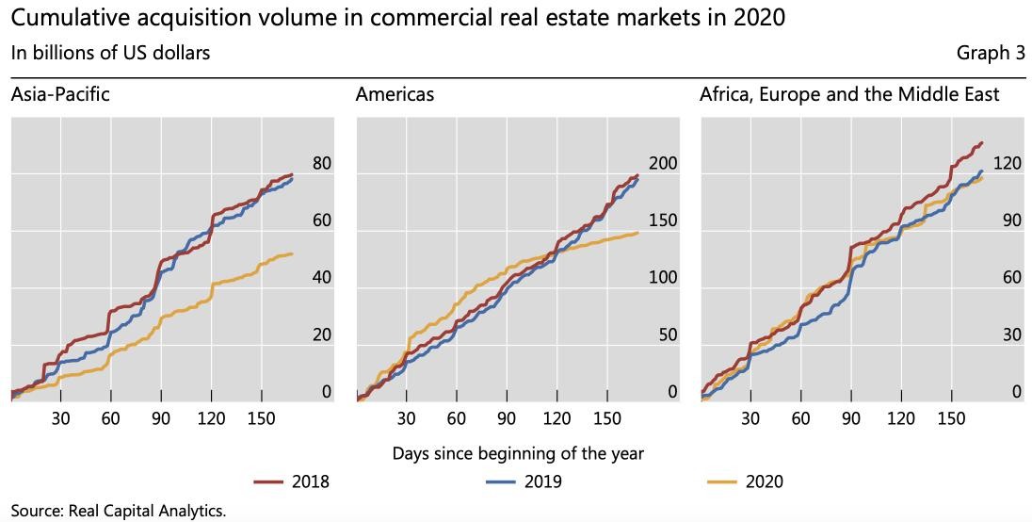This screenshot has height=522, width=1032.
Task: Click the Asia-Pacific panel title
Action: pyautogui.click(x=59, y=94)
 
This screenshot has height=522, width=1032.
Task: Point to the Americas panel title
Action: pyautogui.click(x=395, y=94)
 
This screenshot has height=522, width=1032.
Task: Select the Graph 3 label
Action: pyautogui.click(x=991, y=53)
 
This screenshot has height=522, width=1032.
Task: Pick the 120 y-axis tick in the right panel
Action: pyautogui.click(x=1008, y=164)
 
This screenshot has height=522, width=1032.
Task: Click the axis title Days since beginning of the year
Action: pyautogui.click(x=518, y=453)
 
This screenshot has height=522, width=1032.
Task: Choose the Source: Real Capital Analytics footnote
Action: pyautogui.click(x=119, y=510)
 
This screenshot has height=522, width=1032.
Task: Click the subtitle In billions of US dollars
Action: pyautogui.click(x=110, y=53)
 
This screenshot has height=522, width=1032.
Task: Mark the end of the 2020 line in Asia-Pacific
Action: pyautogui.click(x=292, y=253)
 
